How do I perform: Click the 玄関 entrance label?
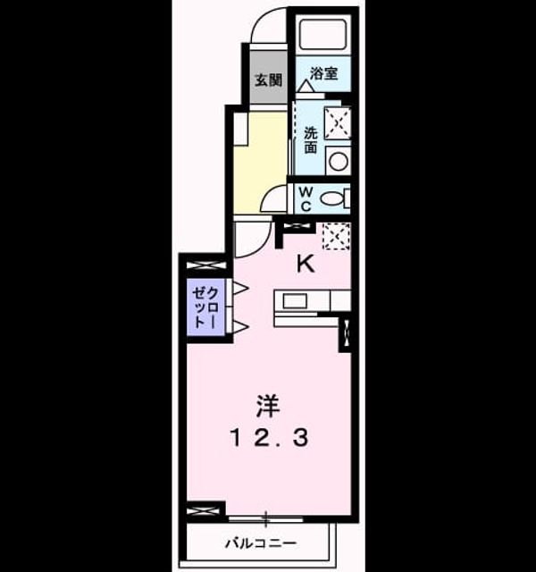click(268, 80)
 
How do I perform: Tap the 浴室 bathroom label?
click(323, 73)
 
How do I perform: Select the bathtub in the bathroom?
click(322, 35)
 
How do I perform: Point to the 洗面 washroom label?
click(311, 139)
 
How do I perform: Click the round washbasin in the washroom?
click(338, 161)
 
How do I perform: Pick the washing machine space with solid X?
click(338, 123)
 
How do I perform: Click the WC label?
click(306, 198)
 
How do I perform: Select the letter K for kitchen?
click(306, 264)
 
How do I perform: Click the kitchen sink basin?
click(295, 302)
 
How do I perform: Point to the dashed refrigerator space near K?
click(337, 236)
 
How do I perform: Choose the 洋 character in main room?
click(268, 406)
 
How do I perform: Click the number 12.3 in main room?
click(269, 438)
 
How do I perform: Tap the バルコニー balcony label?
click(261, 544)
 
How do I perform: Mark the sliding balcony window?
click(266, 518)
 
